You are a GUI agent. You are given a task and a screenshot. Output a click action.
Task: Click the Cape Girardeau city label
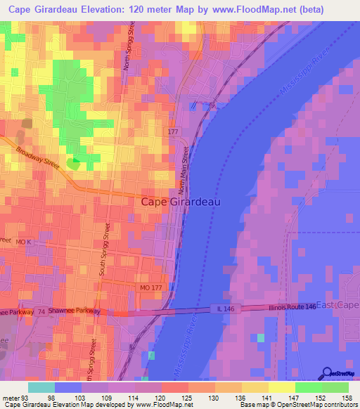pos(181,202)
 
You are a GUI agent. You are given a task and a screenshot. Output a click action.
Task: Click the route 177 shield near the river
pos(174,132)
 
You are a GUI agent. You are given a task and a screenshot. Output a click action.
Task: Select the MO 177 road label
pos(150,290)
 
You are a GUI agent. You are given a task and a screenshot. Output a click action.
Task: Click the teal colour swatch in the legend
pos(41,387)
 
